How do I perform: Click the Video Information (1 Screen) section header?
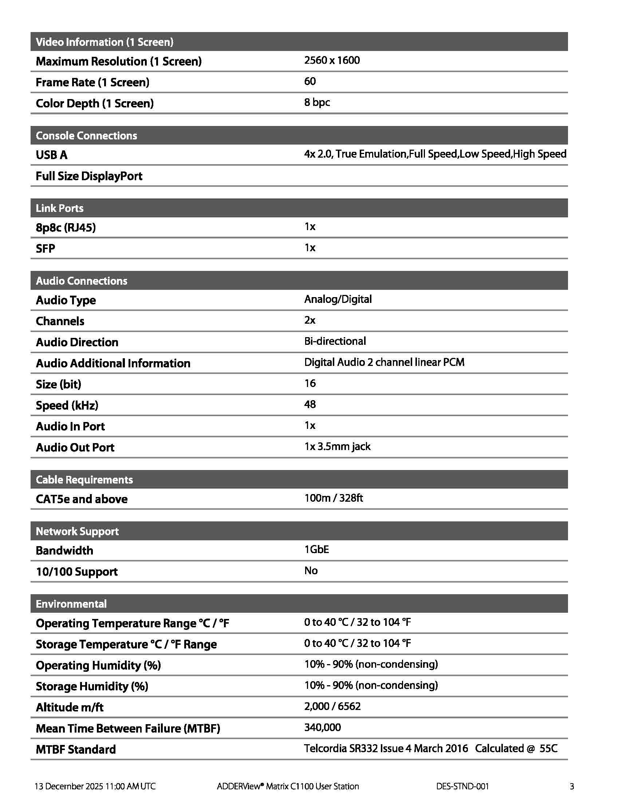(105, 42)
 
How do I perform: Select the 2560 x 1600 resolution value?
(332, 60)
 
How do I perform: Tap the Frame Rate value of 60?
(310, 81)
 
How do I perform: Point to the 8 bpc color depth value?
(317, 102)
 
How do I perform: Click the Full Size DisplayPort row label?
(89, 176)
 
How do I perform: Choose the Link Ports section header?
(59, 208)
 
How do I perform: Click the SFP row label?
(45, 249)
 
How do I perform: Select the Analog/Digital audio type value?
(338, 299)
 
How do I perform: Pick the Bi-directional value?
(335, 341)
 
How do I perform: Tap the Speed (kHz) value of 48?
(310, 404)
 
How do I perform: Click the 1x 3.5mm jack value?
(338, 446)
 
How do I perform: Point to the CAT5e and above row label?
(82, 499)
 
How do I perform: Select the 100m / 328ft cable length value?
(333, 498)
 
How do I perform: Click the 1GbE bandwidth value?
(316, 549)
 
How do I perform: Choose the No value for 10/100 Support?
(311, 571)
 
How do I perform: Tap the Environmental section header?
(71, 604)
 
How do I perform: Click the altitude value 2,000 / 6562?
(332, 706)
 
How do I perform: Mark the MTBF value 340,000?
(322, 727)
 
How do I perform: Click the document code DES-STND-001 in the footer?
(462, 786)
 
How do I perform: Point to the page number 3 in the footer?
(572, 786)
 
